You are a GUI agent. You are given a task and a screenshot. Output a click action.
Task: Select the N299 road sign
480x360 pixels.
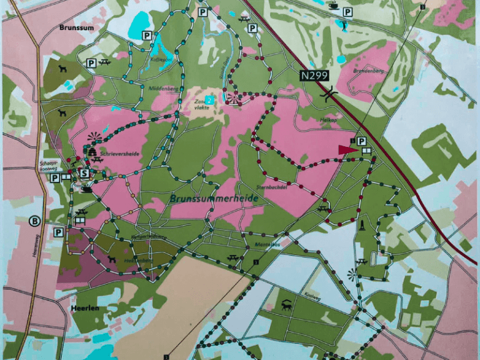[x=314, y=76]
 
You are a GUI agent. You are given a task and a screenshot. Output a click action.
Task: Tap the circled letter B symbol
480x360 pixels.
[x=36, y=220]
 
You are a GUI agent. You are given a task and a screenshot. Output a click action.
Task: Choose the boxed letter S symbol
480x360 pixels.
[x=83, y=173]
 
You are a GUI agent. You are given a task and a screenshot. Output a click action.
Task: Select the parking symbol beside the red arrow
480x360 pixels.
[x=361, y=142]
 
